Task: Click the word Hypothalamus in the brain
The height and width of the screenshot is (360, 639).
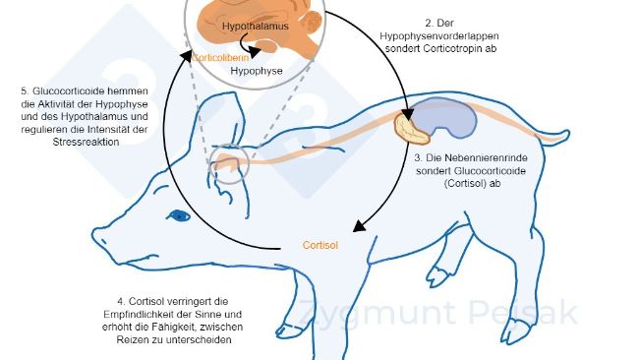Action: (256, 27)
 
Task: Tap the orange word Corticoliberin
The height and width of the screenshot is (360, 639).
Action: (222, 58)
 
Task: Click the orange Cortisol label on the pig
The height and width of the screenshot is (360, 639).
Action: (320, 246)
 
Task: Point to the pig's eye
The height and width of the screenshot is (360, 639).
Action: (179, 214)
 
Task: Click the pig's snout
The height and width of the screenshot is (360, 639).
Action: (99, 232)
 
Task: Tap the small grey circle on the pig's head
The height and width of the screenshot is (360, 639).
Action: (228, 165)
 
